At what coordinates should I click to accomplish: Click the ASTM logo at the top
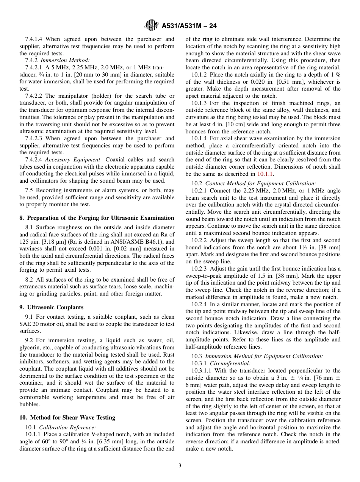click(x=152, y=26)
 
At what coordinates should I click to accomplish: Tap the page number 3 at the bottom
click(x=180, y=466)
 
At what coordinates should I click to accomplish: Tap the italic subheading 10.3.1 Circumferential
click(x=221, y=363)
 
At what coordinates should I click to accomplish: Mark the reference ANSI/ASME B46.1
click(x=141, y=241)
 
